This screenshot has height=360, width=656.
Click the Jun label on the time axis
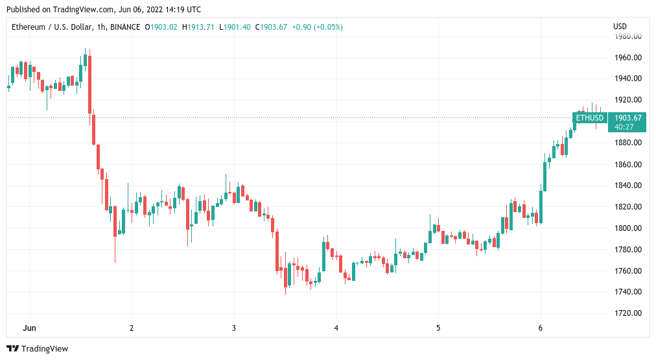[x=30, y=328]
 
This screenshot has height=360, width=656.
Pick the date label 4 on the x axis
[x=336, y=328]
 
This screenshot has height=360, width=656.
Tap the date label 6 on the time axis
[x=540, y=328]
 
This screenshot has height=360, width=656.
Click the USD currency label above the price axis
[x=620, y=27]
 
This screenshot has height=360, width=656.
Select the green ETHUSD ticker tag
[x=590, y=117]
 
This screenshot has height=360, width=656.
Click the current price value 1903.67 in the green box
[x=627, y=117]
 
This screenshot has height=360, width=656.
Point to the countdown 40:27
[x=624, y=126]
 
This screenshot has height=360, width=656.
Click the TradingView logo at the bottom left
[x=38, y=348]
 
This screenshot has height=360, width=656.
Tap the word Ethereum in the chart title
[x=29, y=27]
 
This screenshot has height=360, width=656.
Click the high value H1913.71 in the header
[x=199, y=27]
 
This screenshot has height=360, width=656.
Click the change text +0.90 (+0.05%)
[x=318, y=27]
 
